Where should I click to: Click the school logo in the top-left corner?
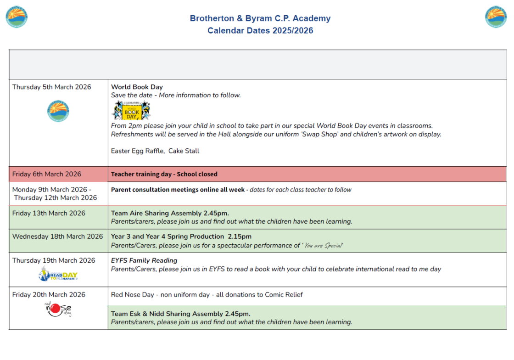[17, 17]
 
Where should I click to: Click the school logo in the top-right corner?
[496, 17]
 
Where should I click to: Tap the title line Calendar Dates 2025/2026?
[260, 31]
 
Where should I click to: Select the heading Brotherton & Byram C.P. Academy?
[260, 18]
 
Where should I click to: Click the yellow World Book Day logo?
[131, 111]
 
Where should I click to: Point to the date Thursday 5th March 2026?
[52, 87]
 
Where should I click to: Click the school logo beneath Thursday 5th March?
[58, 112]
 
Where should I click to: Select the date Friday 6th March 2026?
[47, 174]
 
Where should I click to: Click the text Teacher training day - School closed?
[164, 174]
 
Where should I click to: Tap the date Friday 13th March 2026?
[49, 213]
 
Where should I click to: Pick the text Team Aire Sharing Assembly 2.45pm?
[170, 213]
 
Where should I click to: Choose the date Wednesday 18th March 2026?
[58, 236]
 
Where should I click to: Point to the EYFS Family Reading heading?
[144, 260]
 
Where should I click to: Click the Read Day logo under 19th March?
[58, 275]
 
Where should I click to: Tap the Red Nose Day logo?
[58, 309]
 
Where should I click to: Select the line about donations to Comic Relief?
[207, 294]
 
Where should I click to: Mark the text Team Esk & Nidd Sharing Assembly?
[180, 314]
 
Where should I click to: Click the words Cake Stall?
[184, 151]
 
